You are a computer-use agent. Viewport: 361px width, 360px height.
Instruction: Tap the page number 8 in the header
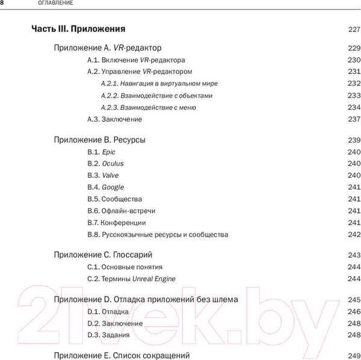tap(3, 4)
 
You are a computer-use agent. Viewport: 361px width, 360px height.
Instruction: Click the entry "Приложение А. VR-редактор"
tap(108, 48)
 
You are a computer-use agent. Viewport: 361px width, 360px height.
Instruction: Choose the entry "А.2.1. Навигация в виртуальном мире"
tap(159, 83)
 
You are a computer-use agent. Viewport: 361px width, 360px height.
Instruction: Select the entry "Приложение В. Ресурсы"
tap(100, 140)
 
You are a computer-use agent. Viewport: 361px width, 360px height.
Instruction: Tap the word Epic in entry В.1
tap(109, 152)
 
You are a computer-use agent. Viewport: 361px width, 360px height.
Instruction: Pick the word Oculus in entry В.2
tap(113, 164)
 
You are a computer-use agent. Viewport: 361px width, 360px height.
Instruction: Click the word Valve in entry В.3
tap(111, 175)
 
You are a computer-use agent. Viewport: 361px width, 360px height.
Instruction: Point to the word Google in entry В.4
tap(113, 187)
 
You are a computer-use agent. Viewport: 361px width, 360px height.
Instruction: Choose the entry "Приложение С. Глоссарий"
tap(103, 255)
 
